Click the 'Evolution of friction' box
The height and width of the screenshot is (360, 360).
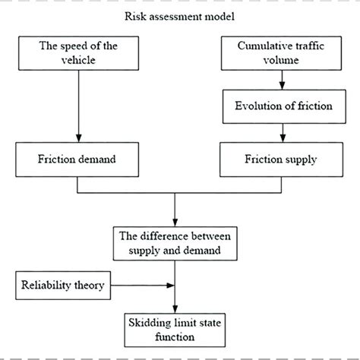point(282,106)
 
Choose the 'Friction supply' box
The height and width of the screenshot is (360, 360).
point(282,160)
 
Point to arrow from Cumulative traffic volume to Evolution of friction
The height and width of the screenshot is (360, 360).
point(282,77)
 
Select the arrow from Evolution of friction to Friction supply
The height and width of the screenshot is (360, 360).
point(282,134)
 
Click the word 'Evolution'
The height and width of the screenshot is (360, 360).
point(255,106)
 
